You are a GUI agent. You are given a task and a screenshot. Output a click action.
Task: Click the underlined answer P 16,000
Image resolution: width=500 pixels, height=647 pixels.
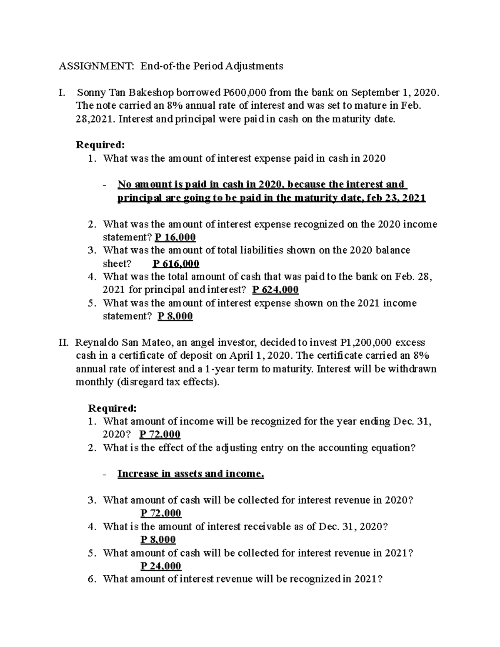[175, 237]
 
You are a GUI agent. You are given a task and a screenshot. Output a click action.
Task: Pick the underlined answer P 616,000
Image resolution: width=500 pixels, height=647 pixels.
[176, 264]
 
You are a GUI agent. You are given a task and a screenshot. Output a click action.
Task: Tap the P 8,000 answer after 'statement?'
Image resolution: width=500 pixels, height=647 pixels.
[175, 316]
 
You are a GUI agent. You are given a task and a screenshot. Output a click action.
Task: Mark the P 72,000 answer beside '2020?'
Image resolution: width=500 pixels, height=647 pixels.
[160, 435]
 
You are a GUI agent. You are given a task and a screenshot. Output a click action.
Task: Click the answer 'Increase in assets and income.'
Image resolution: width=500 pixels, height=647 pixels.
[190, 474]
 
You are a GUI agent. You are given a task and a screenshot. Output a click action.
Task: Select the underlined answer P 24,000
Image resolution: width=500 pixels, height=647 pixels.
[161, 566]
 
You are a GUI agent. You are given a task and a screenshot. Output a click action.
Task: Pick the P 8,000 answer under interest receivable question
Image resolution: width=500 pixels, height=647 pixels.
[158, 540]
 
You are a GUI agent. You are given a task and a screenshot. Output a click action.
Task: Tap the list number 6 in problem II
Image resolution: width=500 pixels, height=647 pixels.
[92, 579]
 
